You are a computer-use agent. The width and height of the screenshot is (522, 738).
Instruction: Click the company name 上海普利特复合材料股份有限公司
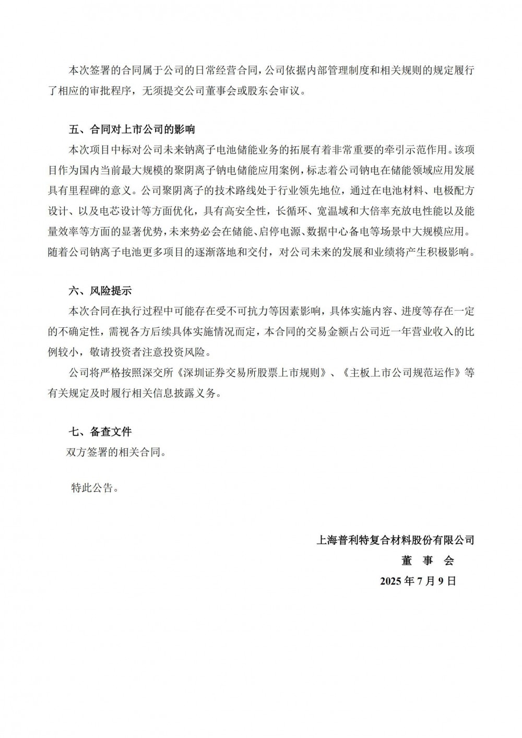point(395,540)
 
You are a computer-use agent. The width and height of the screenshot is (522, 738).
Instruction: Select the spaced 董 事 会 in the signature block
point(428,561)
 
